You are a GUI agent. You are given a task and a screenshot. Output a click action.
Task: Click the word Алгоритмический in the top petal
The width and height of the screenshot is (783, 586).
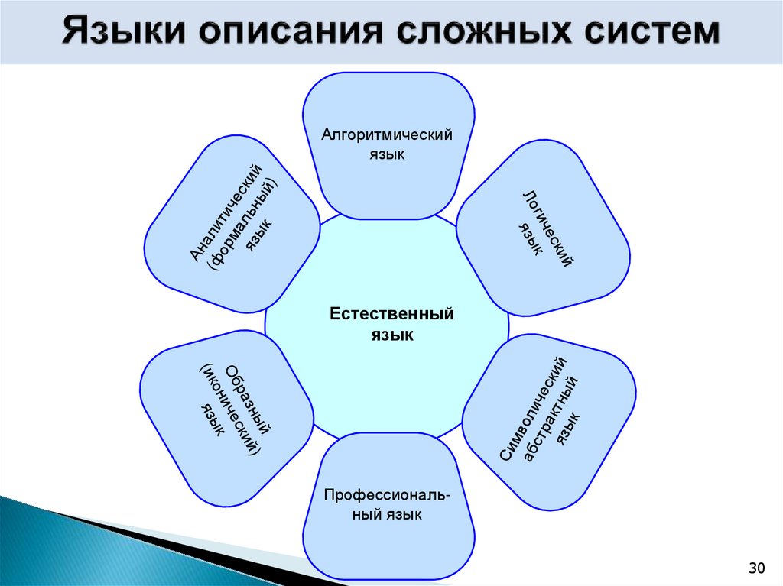click(387, 134)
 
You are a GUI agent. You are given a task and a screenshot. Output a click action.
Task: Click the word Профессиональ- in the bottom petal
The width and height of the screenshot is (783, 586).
click(387, 495)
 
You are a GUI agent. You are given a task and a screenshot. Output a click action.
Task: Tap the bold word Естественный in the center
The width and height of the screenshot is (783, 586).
click(392, 314)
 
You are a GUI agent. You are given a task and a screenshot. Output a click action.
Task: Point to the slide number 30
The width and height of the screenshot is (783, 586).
click(756, 568)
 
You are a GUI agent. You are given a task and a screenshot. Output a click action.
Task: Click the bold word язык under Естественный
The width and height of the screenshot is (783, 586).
click(392, 335)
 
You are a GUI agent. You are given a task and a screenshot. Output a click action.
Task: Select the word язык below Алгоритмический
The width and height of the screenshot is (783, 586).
click(387, 154)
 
